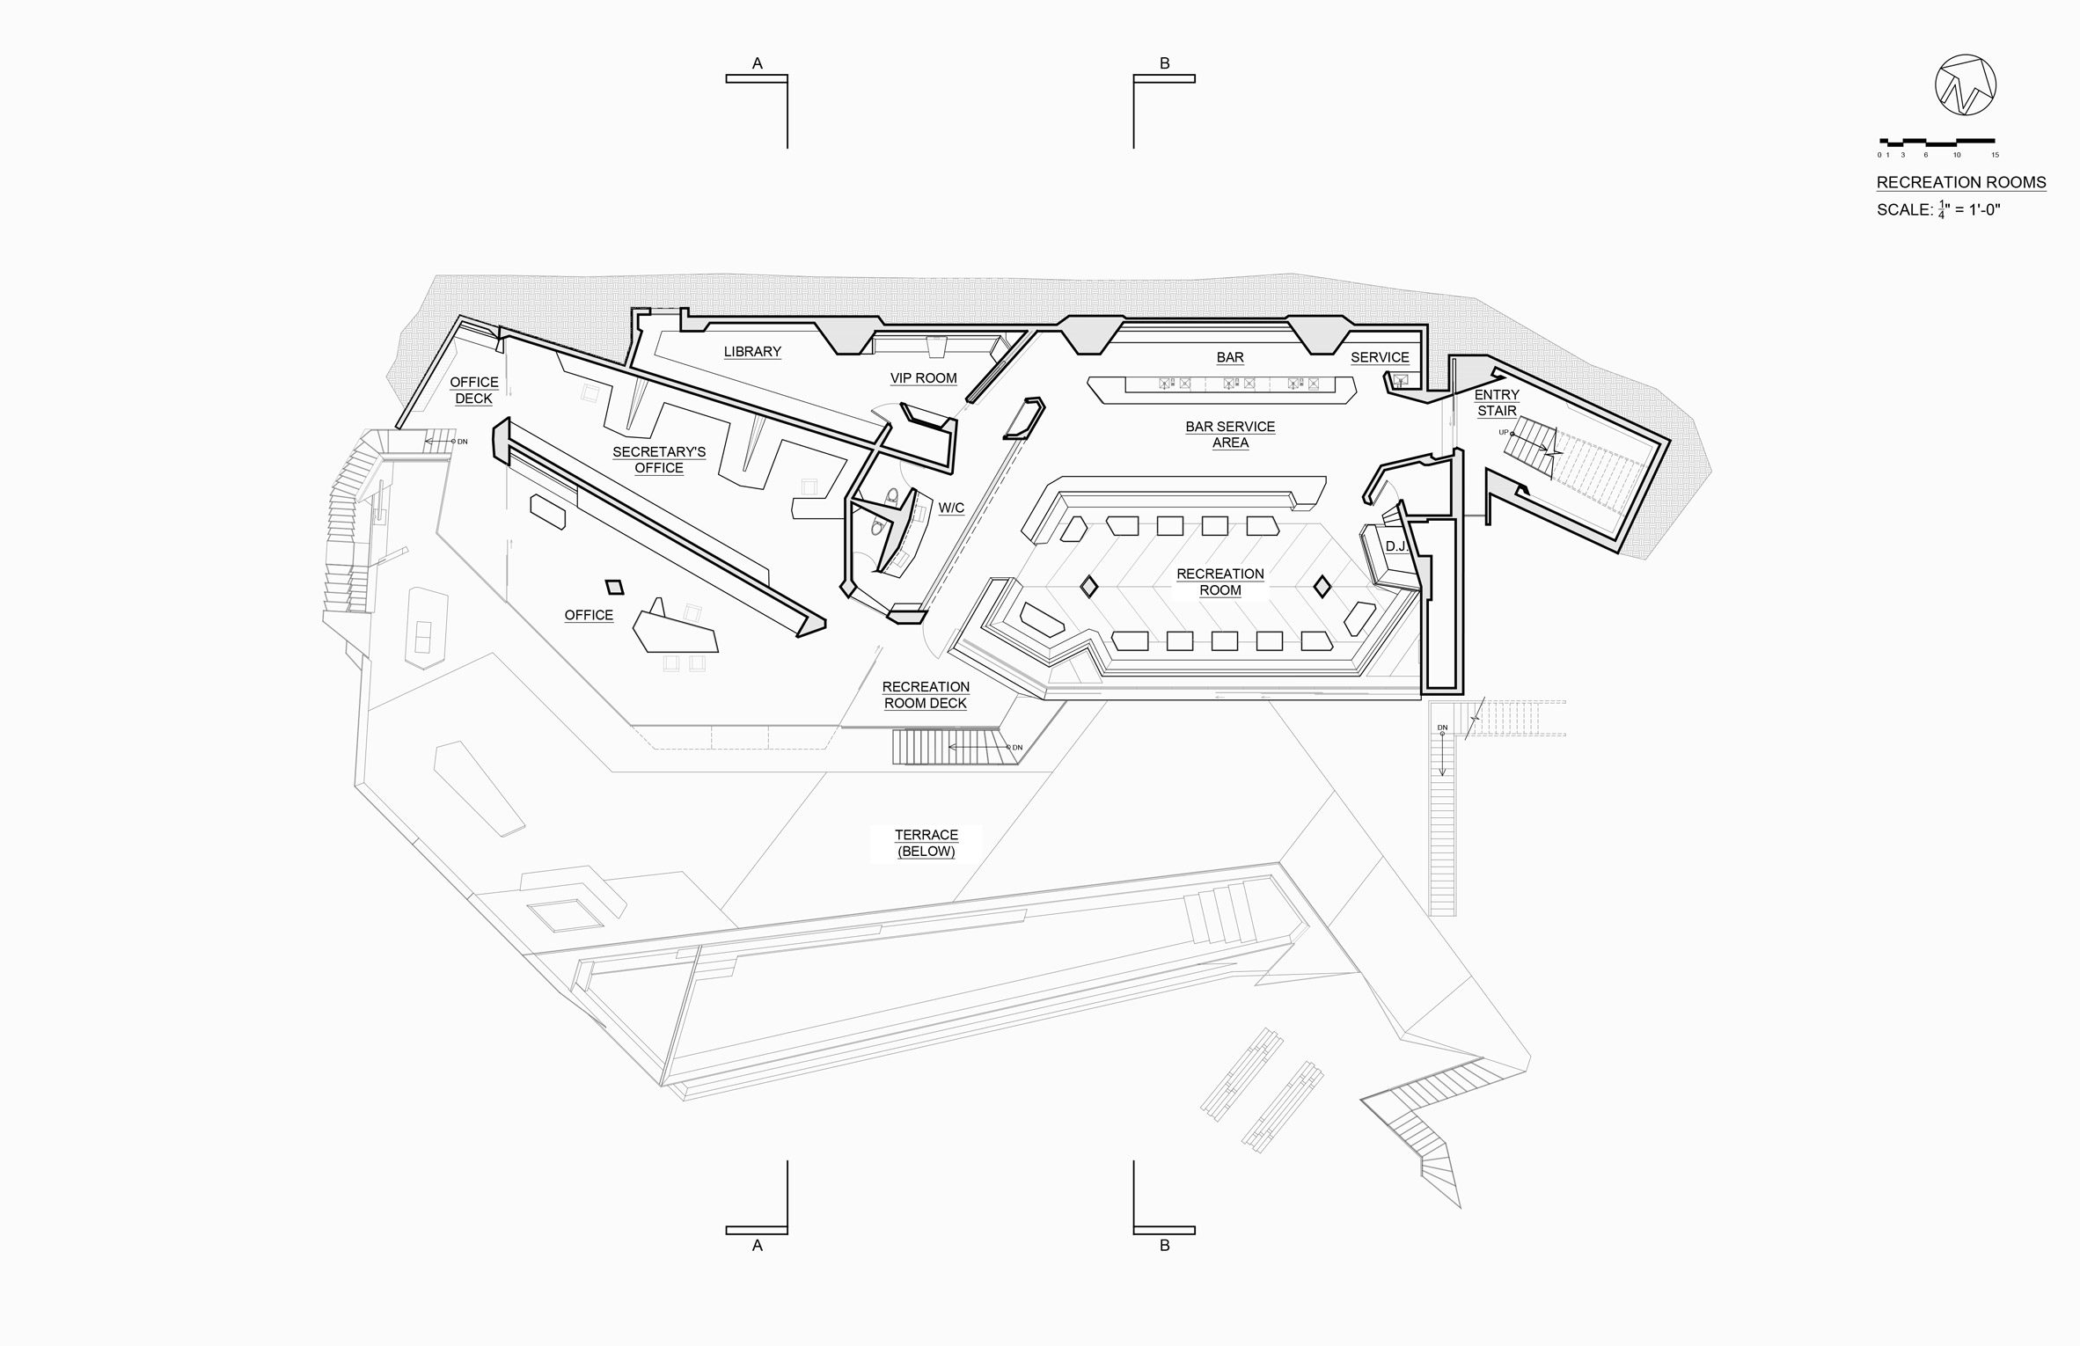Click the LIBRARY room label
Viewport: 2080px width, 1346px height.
pos(752,352)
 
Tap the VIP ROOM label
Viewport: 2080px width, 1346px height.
pos(923,378)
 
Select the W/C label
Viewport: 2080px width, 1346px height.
pos(951,508)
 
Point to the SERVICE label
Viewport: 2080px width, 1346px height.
pos(1380,357)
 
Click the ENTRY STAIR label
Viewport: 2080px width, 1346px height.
pos(1497,403)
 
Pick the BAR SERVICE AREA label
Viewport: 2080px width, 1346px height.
pos(1230,435)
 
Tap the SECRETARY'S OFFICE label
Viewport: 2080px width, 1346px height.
pos(659,460)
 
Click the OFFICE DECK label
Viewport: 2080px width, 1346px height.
pos(473,391)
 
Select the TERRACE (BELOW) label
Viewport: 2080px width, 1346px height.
pos(926,843)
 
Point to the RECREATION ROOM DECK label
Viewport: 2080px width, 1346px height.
pos(926,695)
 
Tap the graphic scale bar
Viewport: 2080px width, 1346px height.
pos(1937,141)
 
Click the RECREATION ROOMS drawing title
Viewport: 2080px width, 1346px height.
pos(1961,183)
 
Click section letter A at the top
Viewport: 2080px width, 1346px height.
pos(757,63)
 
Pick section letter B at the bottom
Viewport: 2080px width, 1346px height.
pos(1164,1246)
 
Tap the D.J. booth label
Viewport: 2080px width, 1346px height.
pos(1395,547)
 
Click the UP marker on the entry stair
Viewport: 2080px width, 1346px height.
pos(1504,433)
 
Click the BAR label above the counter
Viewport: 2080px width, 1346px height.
pos(1230,357)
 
